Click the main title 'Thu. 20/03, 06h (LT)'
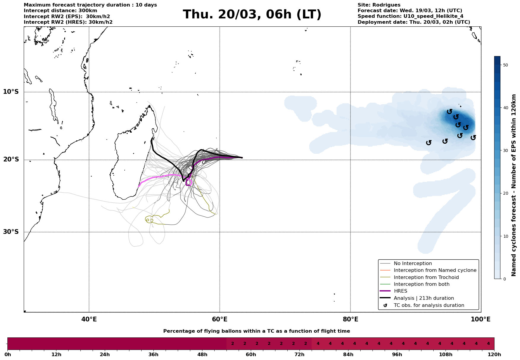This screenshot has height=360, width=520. point(252,15)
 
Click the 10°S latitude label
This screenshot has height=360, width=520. point(11,92)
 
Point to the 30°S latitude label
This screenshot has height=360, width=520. point(11,232)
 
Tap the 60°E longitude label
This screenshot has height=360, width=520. point(220,319)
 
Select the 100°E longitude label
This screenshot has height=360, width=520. point(481,319)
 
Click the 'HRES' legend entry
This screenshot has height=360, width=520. point(400,291)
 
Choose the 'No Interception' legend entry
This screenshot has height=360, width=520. point(413,264)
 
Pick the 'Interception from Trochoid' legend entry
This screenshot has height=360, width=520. point(426,277)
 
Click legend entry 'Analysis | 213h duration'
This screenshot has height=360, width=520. point(424,298)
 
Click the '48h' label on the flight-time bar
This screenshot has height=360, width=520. point(202,355)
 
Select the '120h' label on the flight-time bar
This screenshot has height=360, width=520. point(494,355)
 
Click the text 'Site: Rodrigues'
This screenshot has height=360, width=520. point(379,5)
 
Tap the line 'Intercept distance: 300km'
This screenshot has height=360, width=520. point(60,11)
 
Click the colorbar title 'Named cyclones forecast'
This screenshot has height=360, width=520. point(514,185)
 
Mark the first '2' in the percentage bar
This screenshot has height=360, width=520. point(232,344)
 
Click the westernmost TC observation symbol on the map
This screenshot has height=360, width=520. point(429,143)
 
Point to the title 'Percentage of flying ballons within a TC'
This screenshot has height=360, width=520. point(256,331)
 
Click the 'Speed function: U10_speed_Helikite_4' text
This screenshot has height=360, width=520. point(410,16)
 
